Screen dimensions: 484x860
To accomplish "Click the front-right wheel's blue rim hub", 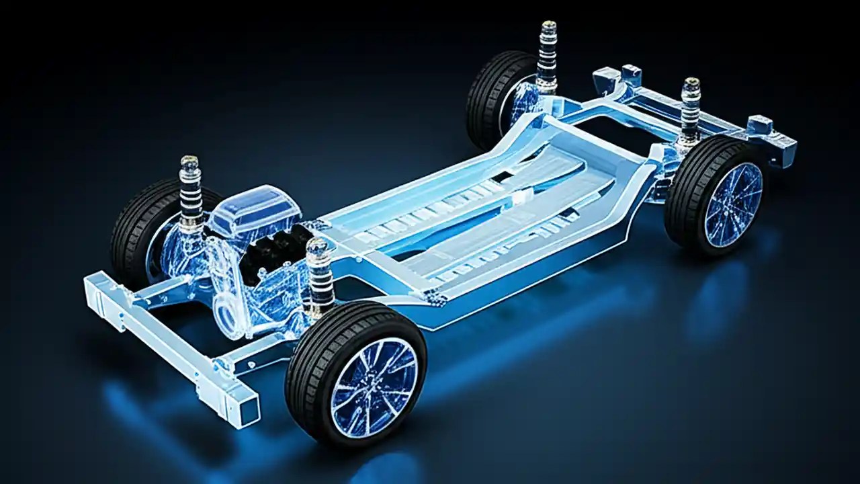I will [x=374, y=387].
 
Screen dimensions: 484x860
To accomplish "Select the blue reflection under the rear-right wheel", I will [x=712, y=296].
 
